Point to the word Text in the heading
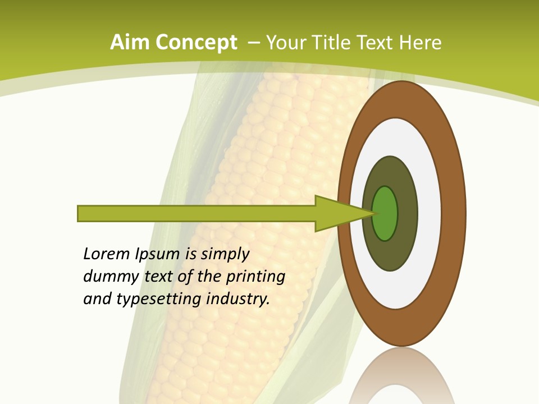point(377,43)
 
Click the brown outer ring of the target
point(453,214)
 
